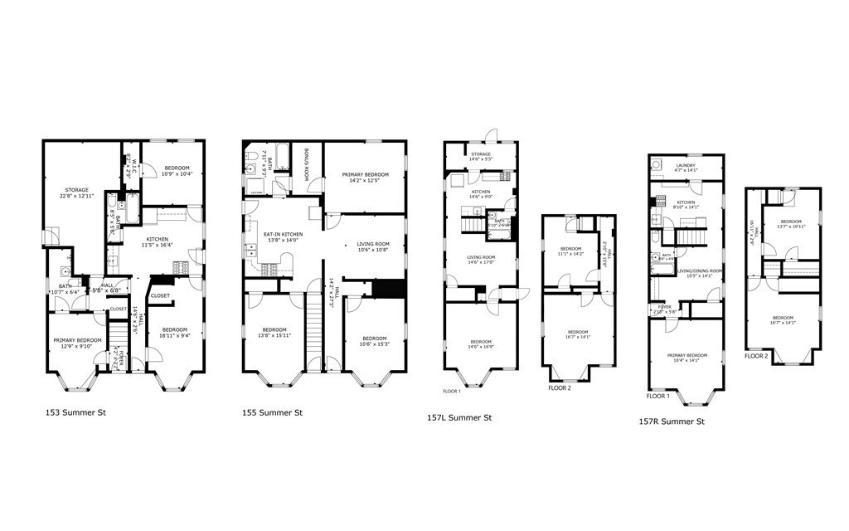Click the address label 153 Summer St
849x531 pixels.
pyautogui.click(x=75, y=412)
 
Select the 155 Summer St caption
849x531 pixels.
pyautogui.click(x=275, y=412)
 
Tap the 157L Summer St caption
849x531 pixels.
pyautogui.click(x=459, y=417)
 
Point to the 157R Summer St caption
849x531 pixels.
pyautogui.click(x=671, y=421)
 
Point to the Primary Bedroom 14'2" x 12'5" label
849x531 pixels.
pyautogui.click(x=365, y=178)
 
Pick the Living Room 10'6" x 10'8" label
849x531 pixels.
pyautogui.click(x=373, y=246)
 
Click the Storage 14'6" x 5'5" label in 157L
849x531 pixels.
pyautogui.click(x=480, y=157)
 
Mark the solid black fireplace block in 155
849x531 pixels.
pyautogui.click(x=388, y=289)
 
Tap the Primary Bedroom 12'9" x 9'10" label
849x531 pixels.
pyautogui.click(x=77, y=343)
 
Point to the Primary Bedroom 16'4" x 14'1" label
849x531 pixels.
pyautogui.click(x=686, y=358)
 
